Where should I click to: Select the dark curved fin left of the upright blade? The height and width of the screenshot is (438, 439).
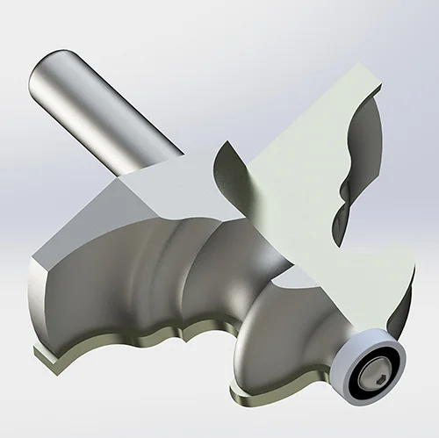230,180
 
